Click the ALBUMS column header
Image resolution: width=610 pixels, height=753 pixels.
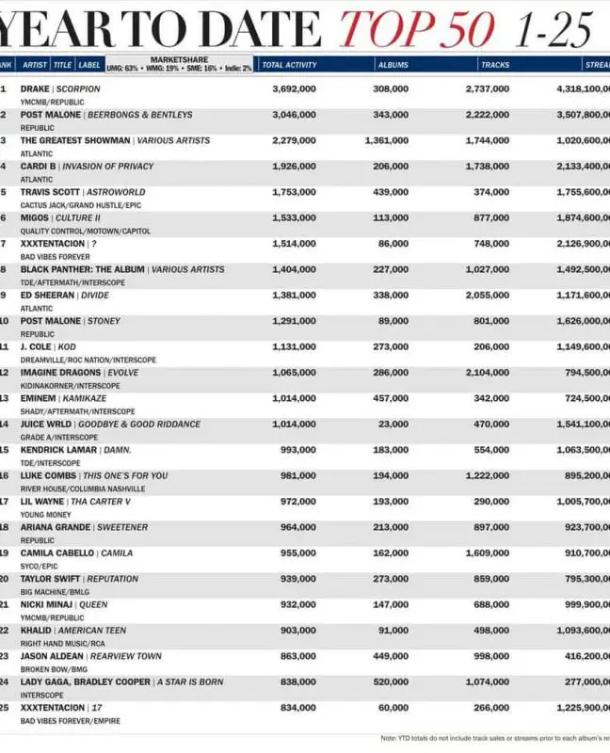pyautogui.click(x=393, y=65)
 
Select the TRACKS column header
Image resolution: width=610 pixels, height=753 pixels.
pyautogui.click(x=495, y=65)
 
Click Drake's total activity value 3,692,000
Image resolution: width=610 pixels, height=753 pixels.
pyautogui.click(x=294, y=88)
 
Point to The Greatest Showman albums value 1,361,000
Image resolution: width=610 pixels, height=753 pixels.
pyautogui.click(x=386, y=140)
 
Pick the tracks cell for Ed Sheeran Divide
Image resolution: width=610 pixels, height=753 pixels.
pyautogui.click(x=488, y=295)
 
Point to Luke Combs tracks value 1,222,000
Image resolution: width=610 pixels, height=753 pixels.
pyautogui.click(x=488, y=475)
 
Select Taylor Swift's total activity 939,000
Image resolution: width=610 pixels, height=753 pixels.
pyautogui.click(x=297, y=579)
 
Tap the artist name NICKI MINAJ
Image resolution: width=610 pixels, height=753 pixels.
pyautogui.click(x=49, y=604)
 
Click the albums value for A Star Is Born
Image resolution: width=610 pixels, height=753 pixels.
pyautogui.click(x=391, y=681)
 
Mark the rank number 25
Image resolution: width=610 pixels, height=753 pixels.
pyautogui.click(x=5, y=707)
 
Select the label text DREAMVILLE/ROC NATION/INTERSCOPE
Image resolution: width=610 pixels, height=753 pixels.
pyautogui.click(x=88, y=360)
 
